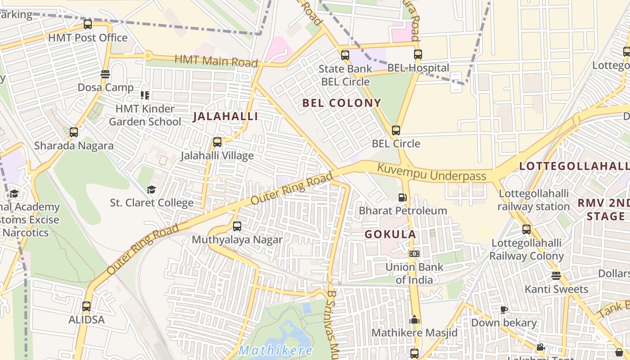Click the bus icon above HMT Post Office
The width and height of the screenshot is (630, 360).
[x=88, y=24]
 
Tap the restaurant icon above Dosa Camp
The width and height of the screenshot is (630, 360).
[x=105, y=74]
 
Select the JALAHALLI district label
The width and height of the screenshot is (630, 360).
[x=225, y=117]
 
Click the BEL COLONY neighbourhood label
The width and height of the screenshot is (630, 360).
[x=342, y=103]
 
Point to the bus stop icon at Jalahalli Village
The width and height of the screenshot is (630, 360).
[x=217, y=142]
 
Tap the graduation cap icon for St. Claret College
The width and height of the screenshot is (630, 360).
[x=151, y=190]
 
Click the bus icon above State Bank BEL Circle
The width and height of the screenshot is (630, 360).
[x=345, y=55]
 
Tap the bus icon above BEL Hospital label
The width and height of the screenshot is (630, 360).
[x=418, y=54]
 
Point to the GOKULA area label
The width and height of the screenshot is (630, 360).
[x=390, y=234]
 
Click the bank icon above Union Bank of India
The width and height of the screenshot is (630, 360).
[x=414, y=254]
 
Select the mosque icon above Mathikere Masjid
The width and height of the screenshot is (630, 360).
[x=414, y=320]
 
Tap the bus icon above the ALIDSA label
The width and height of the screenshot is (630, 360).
[x=86, y=306]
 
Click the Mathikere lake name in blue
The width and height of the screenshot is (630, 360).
[x=275, y=350]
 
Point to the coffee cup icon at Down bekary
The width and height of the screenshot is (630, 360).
[x=504, y=310]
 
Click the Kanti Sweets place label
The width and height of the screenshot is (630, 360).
[x=556, y=289]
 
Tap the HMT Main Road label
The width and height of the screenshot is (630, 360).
[x=216, y=61]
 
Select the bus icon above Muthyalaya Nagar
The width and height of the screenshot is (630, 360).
[x=237, y=226]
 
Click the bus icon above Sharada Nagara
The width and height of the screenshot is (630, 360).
[x=74, y=132]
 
